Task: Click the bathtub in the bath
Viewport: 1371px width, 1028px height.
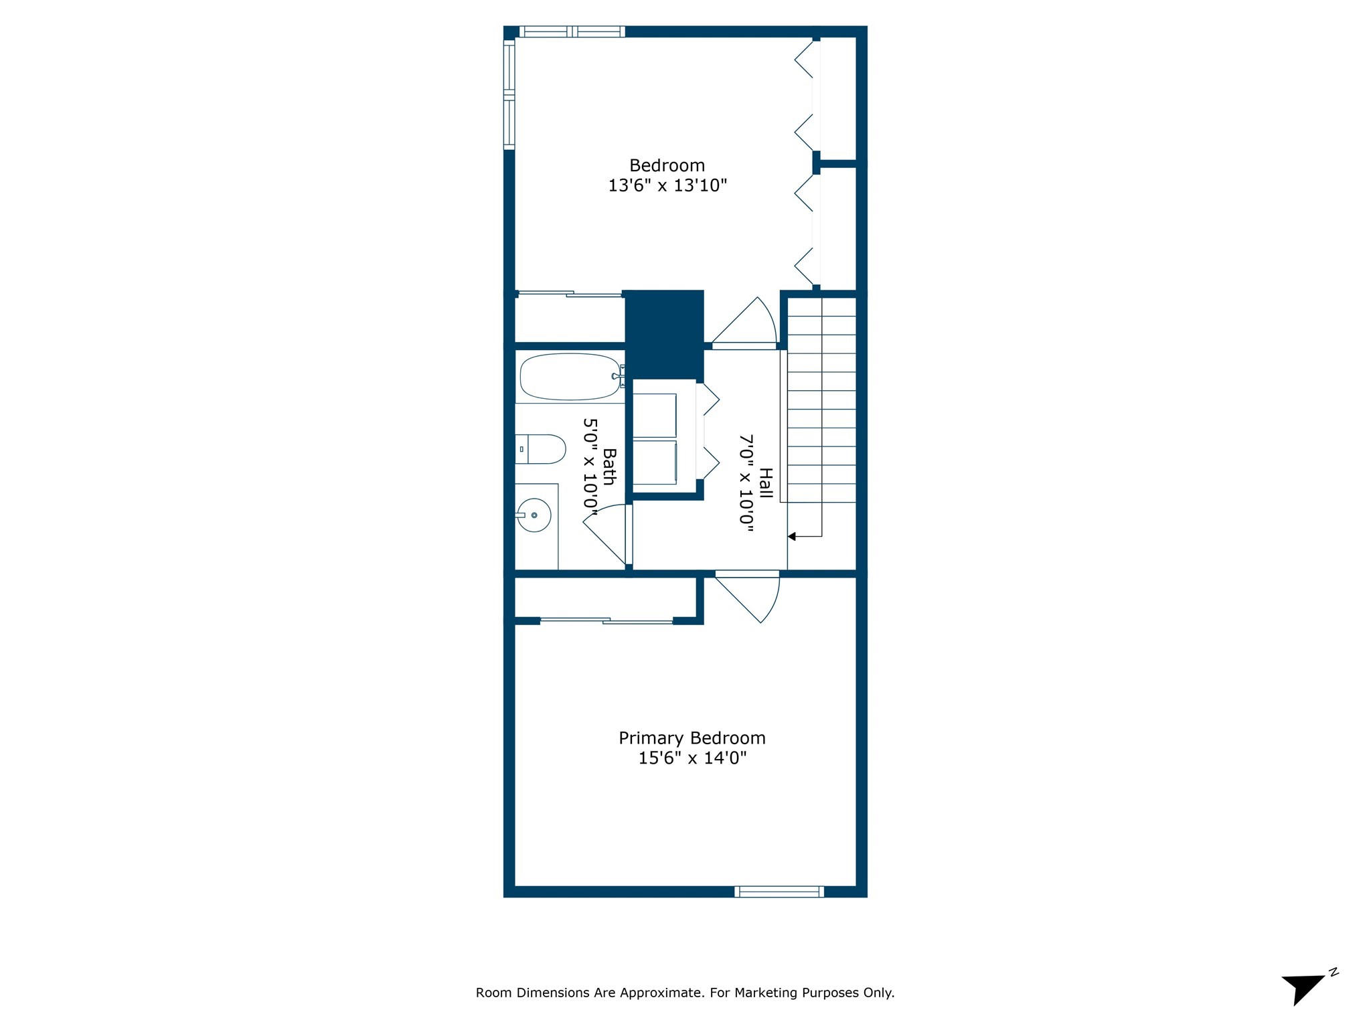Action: click(570, 377)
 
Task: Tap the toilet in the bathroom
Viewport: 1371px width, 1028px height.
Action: click(540, 449)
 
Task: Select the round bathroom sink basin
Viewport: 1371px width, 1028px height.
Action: click(534, 515)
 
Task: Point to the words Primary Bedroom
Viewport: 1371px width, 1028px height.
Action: click(692, 738)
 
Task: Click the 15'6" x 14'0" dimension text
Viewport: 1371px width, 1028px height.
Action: click(692, 758)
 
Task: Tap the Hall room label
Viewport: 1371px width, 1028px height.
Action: click(766, 483)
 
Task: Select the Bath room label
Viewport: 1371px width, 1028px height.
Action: click(609, 466)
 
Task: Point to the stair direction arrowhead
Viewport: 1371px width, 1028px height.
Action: click(792, 536)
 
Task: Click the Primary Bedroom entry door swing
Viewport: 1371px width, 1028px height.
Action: click(748, 598)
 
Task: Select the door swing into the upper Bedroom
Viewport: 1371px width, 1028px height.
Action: click(744, 323)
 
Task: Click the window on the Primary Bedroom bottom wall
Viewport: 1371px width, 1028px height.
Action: click(779, 891)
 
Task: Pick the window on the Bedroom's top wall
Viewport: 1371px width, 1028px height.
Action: click(572, 31)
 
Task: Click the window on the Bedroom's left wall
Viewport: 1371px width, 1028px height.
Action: click(509, 94)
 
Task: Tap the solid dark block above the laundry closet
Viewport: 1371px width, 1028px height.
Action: click(664, 333)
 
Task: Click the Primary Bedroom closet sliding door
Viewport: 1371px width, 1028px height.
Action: click(607, 621)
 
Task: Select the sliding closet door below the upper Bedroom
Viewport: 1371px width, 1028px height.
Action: click(570, 294)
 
